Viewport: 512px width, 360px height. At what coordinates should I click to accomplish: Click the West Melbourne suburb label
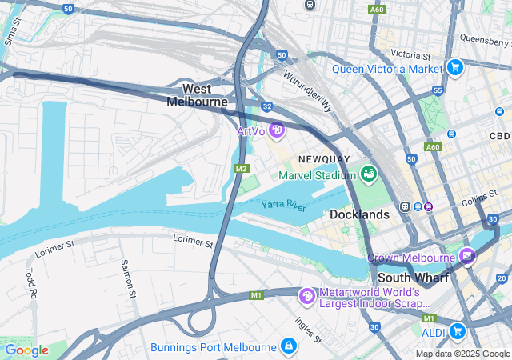point(197,95)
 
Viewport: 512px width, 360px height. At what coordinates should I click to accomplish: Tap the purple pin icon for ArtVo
point(277,130)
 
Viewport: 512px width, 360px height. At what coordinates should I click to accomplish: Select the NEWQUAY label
point(325,159)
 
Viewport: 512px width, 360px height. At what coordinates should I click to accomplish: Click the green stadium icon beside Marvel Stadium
point(369,173)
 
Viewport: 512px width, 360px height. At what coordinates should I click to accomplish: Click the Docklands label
point(359,214)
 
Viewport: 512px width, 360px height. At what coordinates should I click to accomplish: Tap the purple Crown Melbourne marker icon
point(466,257)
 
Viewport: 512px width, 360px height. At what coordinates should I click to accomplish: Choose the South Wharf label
point(410,278)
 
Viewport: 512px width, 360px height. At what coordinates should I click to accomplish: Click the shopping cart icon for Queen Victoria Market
point(455,67)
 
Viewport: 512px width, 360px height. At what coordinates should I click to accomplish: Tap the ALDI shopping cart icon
point(457,330)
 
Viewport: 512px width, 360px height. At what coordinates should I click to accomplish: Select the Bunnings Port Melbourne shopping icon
point(288,346)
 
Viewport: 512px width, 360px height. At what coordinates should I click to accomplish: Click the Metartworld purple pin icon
point(306,296)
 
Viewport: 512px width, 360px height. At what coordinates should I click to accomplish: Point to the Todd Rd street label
point(31,283)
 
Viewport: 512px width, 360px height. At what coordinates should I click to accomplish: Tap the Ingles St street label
point(308,329)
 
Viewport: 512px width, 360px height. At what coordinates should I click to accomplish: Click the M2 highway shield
point(242,169)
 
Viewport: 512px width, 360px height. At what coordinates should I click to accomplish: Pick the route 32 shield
point(266,106)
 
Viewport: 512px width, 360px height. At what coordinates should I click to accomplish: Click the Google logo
point(26,350)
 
